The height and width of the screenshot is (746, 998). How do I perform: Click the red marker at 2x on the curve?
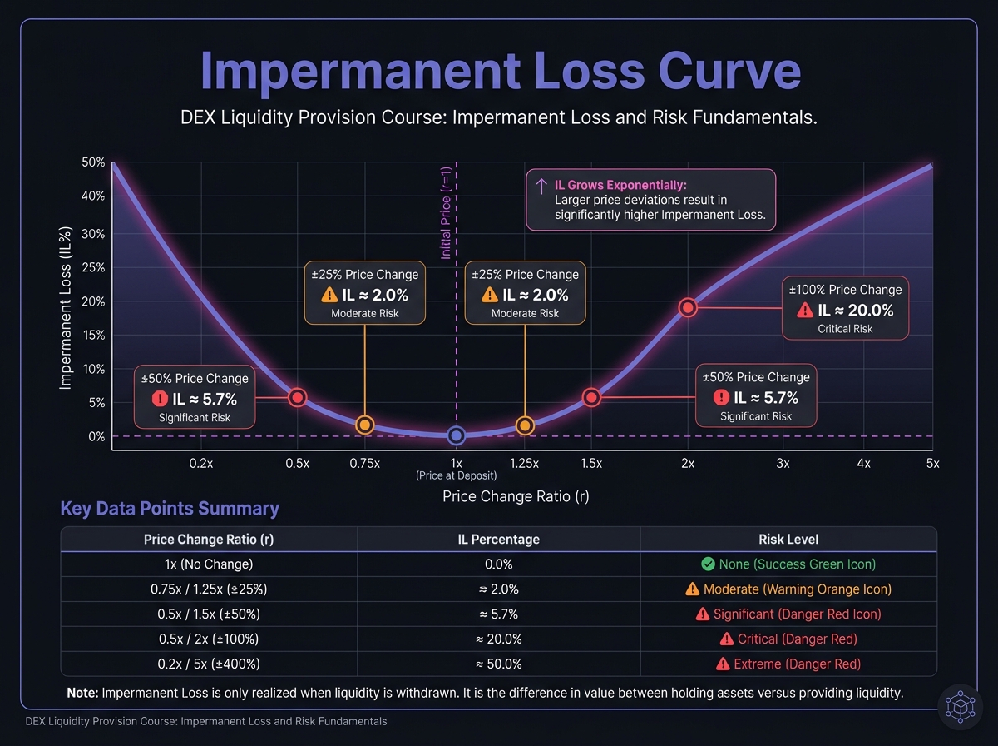[688, 307]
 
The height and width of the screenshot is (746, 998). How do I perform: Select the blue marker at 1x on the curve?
[456, 435]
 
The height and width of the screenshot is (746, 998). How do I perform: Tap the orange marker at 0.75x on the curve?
[364, 425]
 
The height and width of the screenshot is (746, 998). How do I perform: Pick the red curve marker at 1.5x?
[591, 398]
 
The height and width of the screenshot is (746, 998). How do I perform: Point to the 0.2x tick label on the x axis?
[200, 464]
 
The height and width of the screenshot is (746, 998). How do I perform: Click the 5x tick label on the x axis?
[931, 464]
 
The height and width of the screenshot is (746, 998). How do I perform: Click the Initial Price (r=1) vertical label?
[446, 211]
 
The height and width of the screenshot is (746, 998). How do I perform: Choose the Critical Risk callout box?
[845, 308]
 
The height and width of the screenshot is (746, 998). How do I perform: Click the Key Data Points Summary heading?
[170, 509]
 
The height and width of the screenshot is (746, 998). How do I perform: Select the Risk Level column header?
[788, 539]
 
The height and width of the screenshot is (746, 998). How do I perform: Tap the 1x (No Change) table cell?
[209, 564]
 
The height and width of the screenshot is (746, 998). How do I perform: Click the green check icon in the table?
[708, 564]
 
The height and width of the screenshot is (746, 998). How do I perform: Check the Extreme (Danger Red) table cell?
[788, 664]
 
